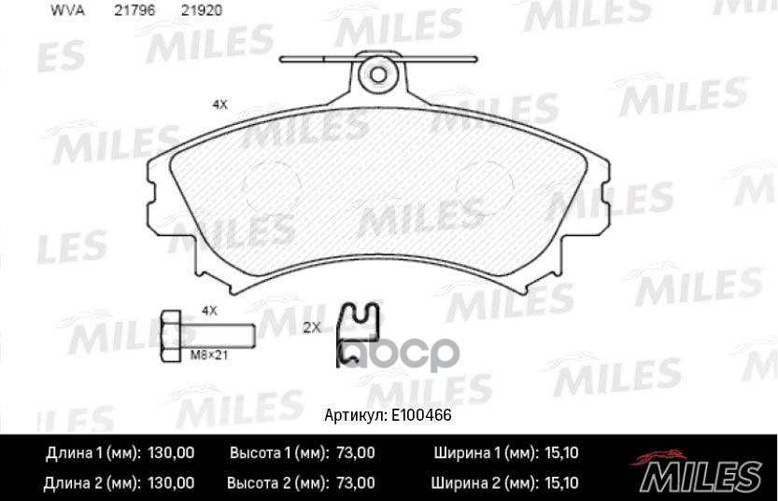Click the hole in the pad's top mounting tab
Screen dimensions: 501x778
coord(378,74)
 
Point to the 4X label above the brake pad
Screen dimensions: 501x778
coord(219,105)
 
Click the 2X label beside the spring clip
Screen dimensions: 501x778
coord(312,327)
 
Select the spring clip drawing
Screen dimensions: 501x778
coord(359,333)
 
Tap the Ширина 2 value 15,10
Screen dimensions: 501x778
coord(560,482)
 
